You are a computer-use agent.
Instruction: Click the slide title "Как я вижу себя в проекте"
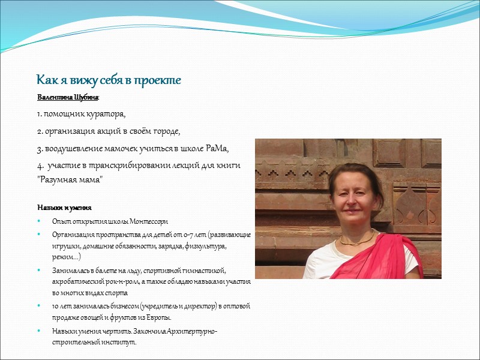click(109, 80)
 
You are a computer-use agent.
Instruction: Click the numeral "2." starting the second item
click(41, 131)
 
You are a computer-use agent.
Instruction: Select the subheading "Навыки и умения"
click(64, 208)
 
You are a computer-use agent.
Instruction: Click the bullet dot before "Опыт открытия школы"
click(40, 221)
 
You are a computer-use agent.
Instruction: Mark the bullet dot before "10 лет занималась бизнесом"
click(40, 306)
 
